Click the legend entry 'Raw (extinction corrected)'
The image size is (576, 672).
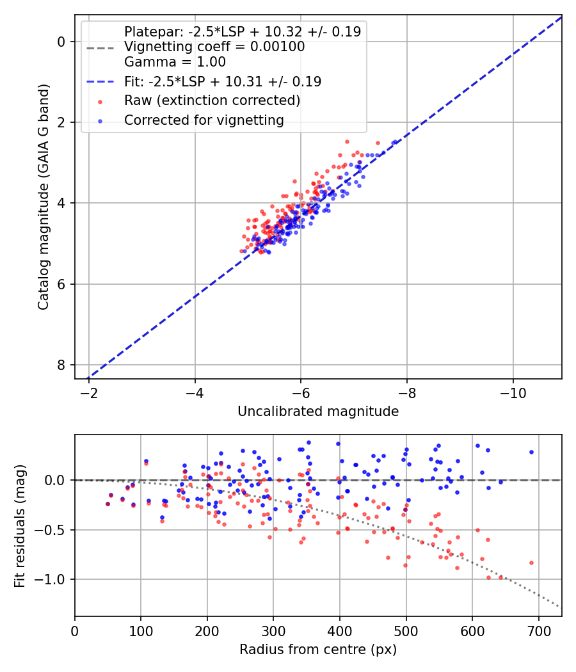coord(212,100)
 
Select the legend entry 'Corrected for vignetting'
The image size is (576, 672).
coord(204,120)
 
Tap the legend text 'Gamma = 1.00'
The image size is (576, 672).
coord(175,62)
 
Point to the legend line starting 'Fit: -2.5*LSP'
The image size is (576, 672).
coord(223,81)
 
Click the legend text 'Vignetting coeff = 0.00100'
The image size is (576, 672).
coord(214,47)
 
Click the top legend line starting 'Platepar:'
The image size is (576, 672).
coord(242,31)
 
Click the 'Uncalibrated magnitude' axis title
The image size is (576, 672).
coord(318,412)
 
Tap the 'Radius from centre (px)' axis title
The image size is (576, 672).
coord(318,650)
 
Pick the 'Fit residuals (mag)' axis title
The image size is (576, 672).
coord(20,525)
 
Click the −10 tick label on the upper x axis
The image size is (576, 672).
coord(513,392)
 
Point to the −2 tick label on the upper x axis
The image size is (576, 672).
coord(89,392)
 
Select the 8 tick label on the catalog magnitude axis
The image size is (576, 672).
coord(61,365)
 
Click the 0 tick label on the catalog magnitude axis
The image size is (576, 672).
coord(61,42)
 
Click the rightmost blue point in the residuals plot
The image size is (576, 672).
coord(531,452)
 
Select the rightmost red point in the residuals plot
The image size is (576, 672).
coord(531,563)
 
